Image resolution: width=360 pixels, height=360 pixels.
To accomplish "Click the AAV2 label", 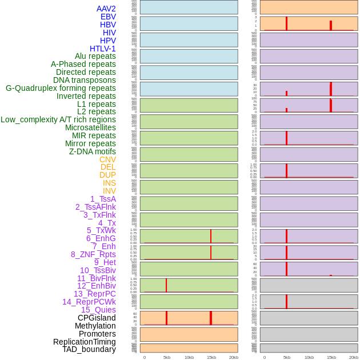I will [106, 9].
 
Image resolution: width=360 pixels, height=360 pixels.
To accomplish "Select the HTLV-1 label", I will [102, 49].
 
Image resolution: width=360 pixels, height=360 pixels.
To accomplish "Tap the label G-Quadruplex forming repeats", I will [61, 89].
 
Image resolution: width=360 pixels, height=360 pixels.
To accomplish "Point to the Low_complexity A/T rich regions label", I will [58, 119].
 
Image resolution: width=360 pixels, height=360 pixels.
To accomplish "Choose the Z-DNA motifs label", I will [92, 151].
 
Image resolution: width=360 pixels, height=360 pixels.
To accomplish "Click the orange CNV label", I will [107, 159].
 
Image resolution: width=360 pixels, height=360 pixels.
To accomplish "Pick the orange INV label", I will [109, 191].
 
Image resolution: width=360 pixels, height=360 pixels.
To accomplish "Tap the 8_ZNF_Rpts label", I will [93, 254].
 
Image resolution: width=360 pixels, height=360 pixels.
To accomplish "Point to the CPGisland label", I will [97, 318].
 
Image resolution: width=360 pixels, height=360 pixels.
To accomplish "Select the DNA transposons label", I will [85, 80].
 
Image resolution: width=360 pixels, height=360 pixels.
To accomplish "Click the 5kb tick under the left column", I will [166, 357].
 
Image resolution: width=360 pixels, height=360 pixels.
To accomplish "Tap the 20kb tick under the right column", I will [353, 357].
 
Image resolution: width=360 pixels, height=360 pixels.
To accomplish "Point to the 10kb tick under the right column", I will [309, 357].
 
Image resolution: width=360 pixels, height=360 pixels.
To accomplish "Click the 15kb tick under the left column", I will [211, 357].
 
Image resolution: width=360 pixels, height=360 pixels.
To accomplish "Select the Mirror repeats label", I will [90, 143].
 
